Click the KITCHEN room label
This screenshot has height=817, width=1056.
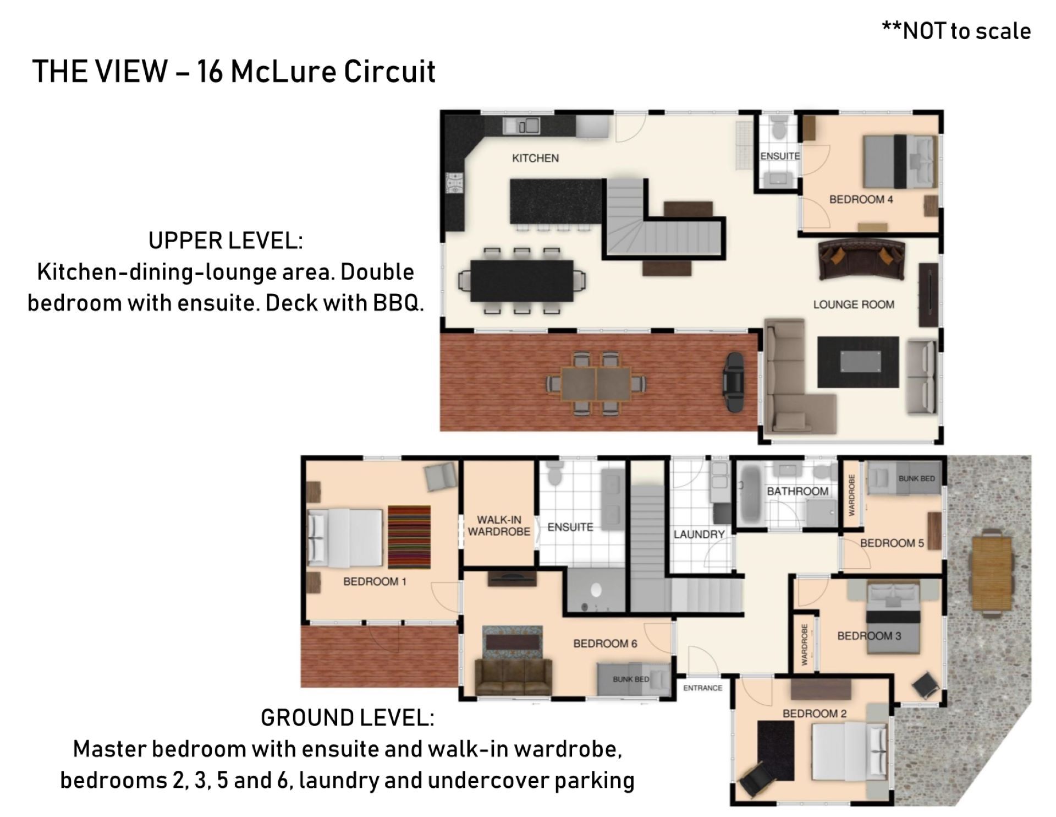(x=535, y=158)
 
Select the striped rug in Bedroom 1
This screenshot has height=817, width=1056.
(x=409, y=537)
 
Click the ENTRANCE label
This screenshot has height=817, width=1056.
(x=703, y=688)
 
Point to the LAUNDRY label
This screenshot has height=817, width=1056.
(x=699, y=534)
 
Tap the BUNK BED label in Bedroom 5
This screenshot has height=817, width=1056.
(x=916, y=478)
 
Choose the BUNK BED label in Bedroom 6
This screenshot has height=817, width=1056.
(x=631, y=679)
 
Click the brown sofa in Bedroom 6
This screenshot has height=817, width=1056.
(x=513, y=677)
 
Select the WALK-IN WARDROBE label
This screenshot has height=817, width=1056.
(x=499, y=526)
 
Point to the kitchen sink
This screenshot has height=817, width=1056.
(x=521, y=126)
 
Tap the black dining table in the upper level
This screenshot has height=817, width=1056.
(x=521, y=281)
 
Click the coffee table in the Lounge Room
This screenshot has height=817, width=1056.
(x=858, y=362)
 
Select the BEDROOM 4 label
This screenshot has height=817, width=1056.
(x=861, y=199)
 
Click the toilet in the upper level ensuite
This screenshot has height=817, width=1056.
(x=779, y=129)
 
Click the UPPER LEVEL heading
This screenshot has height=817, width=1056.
(x=226, y=241)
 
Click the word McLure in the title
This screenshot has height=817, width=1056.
(x=282, y=72)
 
